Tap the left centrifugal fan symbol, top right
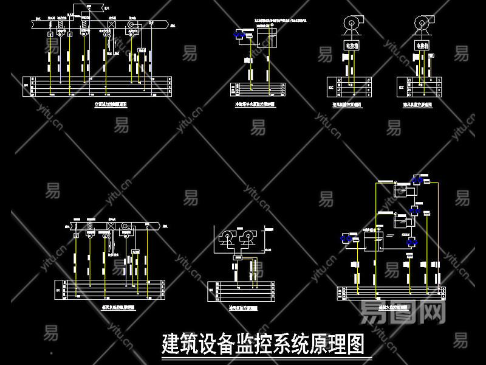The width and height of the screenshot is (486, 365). click(x=352, y=23)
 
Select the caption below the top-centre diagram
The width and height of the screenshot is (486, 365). click(x=255, y=105)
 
